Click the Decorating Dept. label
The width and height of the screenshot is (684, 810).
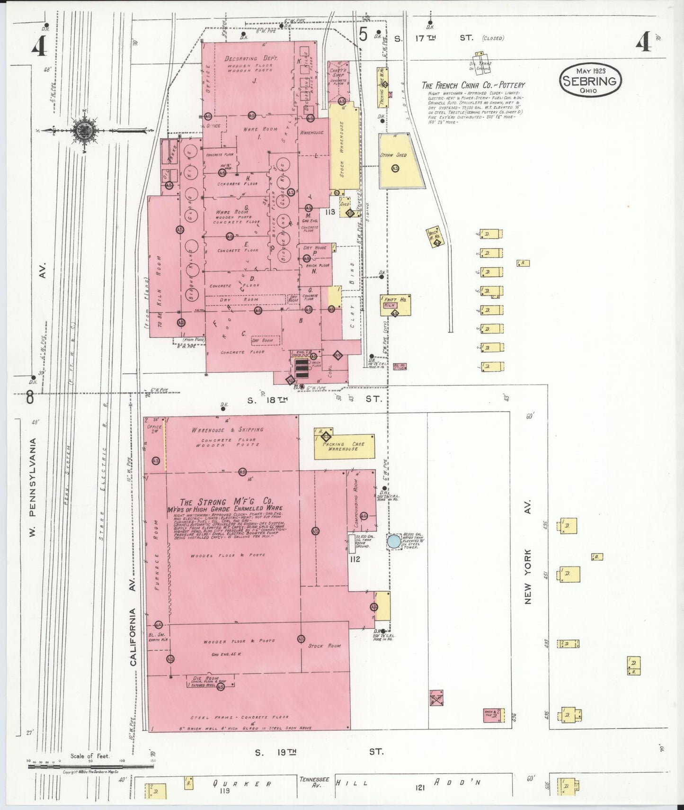251,59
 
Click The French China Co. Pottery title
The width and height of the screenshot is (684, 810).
473,85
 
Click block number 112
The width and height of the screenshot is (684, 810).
355,559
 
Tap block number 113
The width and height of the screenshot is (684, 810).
330,212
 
